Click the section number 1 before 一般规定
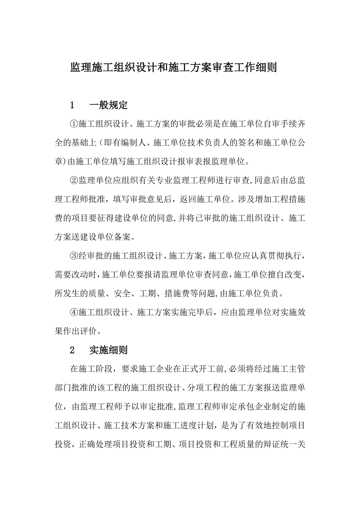72,106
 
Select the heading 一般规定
108,106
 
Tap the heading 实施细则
108,350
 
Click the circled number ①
74,124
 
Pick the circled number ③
74,256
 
